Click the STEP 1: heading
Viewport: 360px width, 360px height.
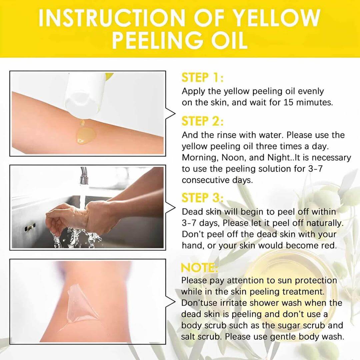(x=202, y=77)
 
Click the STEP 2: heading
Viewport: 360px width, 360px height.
(x=202, y=121)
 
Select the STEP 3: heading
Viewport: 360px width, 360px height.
(x=202, y=198)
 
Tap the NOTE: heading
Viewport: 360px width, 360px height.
(x=199, y=267)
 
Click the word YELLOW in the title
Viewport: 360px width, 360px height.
(x=276, y=18)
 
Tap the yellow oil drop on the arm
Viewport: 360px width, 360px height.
(x=85, y=135)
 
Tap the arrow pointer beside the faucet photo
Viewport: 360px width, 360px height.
(x=170, y=208)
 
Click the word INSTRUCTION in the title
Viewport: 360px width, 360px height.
(x=112, y=18)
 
